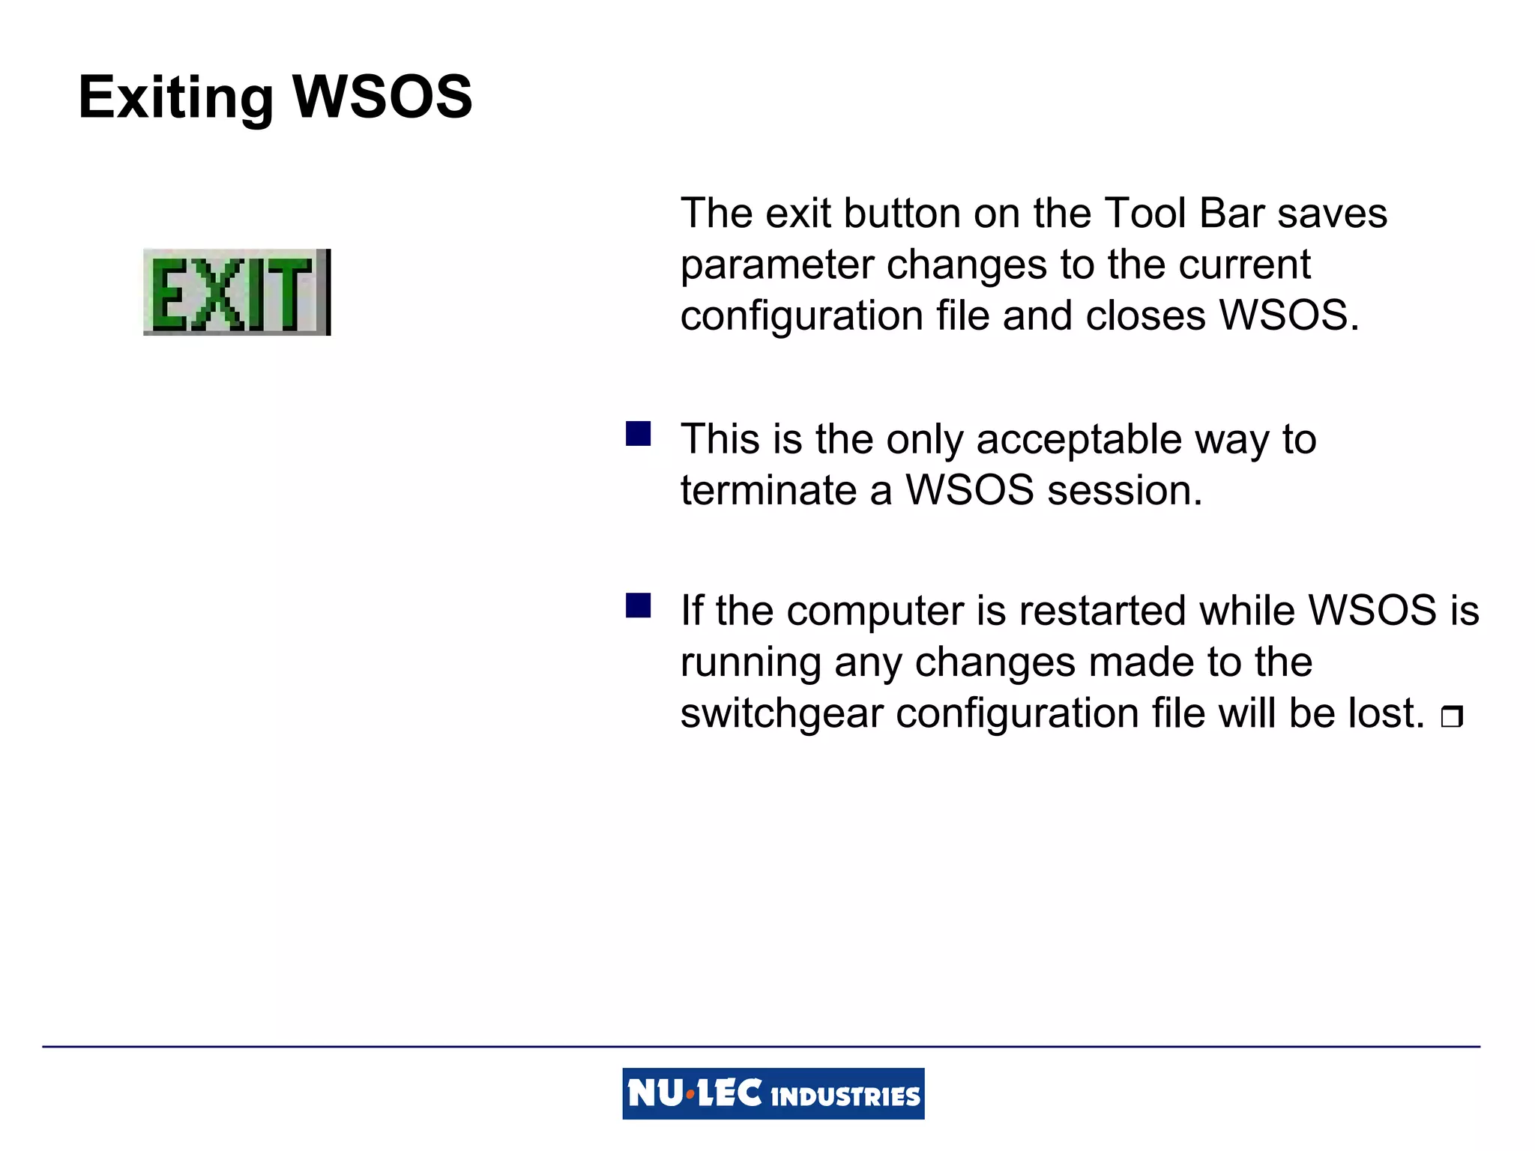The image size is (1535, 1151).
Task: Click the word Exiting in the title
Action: click(x=176, y=98)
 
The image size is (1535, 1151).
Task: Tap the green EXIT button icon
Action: click(x=236, y=292)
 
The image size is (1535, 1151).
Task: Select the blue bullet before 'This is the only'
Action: click(x=638, y=434)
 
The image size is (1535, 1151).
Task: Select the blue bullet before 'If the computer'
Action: click(x=638, y=605)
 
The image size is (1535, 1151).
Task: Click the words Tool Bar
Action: click(x=1184, y=214)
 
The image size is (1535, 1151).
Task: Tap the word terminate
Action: click(x=768, y=491)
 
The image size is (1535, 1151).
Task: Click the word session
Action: click(x=1124, y=491)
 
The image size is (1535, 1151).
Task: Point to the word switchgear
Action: click(x=782, y=714)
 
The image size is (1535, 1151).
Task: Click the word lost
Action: click(x=1386, y=713)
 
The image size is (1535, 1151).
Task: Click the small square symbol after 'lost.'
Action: click(x=1451, y=717)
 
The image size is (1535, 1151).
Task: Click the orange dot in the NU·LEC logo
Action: click(x=690, y=1095)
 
